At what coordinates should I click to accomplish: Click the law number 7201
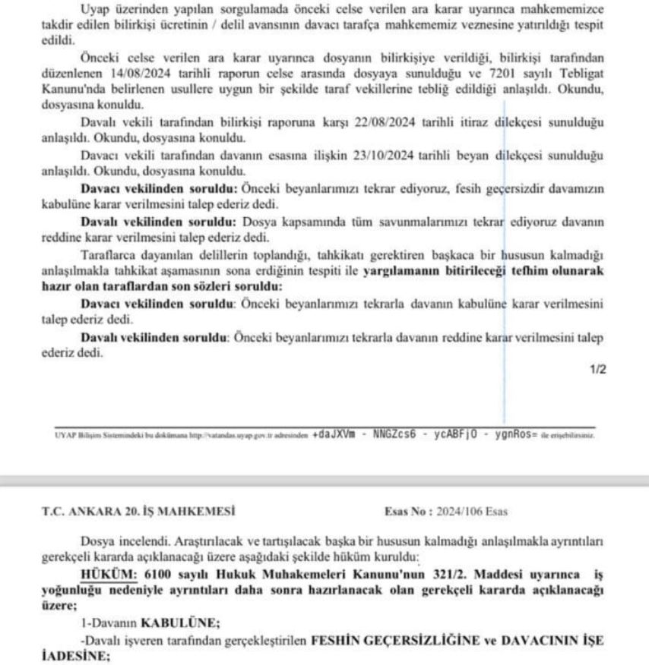(x=481, y=85)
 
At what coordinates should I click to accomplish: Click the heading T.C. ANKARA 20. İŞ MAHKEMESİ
(x=138, y=512)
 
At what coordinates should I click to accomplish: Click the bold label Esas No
(x=407, y=512)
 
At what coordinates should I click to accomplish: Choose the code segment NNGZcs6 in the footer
(x=400, y=436)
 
